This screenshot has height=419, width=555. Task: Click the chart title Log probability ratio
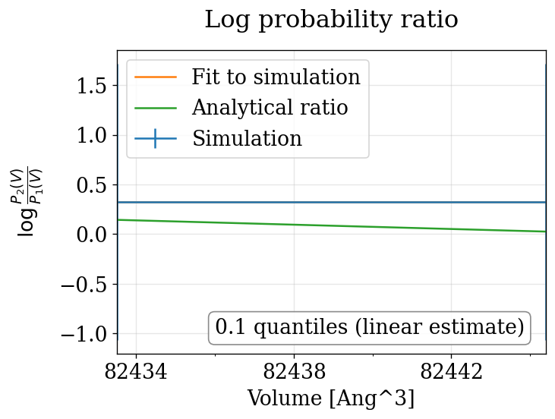[x=331, y=20]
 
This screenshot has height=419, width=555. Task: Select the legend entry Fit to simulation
[x=276, y=77]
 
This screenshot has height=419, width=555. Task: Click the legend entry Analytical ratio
[x=270, y=108]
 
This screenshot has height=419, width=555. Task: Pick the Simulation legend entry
[x=247, y=139]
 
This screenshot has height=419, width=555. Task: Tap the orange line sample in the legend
[x=156, y=77]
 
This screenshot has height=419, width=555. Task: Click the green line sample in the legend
[x=156, y=108]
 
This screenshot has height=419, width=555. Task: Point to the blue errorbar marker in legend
[x=156, y=139]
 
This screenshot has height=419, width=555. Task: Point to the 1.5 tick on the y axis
[x=92, y=86]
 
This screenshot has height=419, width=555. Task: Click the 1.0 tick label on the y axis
[x=92, y=135]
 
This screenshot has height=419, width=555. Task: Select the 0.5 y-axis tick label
[x=92, y=185]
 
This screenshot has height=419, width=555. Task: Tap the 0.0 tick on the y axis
[x=92, y=235]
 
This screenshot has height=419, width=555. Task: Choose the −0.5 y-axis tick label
[x=85, y=285]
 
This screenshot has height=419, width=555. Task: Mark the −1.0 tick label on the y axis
[x=85, y=334]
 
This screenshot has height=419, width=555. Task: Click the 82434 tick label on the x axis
[x=136, y=373]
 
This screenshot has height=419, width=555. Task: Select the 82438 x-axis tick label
[x=294, y=373]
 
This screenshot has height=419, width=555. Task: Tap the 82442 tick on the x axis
[x=452, y=373]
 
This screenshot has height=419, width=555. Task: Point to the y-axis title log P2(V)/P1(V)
[x=28, y=201]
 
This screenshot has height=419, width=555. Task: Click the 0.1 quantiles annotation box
[x=369, y=328]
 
